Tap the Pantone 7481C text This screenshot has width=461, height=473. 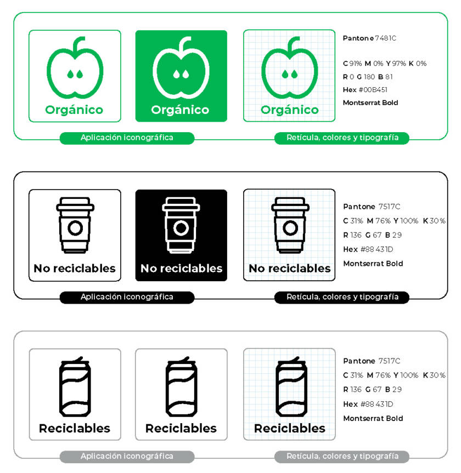[x=369, y=38]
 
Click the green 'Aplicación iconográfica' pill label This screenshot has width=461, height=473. [x=127, y=138]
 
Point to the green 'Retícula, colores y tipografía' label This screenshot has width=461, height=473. [x=342, y=138]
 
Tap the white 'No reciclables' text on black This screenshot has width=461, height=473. [x=181, y=269]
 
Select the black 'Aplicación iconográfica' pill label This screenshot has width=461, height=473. [x=127, y=297]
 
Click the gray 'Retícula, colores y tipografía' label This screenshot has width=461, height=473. [x=342, y=456]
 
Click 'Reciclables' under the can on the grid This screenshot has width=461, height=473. [x=289, y=429]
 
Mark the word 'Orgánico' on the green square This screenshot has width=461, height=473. [x=180, y=110]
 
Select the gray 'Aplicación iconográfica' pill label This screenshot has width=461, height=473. [x=127, y=456]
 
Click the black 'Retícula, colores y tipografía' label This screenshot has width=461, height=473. [x=342, y=297]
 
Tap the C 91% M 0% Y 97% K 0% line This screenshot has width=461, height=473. [x=384, y=64]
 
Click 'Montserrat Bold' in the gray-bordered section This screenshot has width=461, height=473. [x=373, y=418]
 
